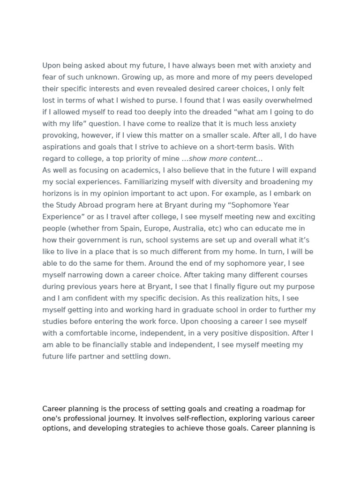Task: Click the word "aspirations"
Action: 62,147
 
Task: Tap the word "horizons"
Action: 58,194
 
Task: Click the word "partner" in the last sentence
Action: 112,356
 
